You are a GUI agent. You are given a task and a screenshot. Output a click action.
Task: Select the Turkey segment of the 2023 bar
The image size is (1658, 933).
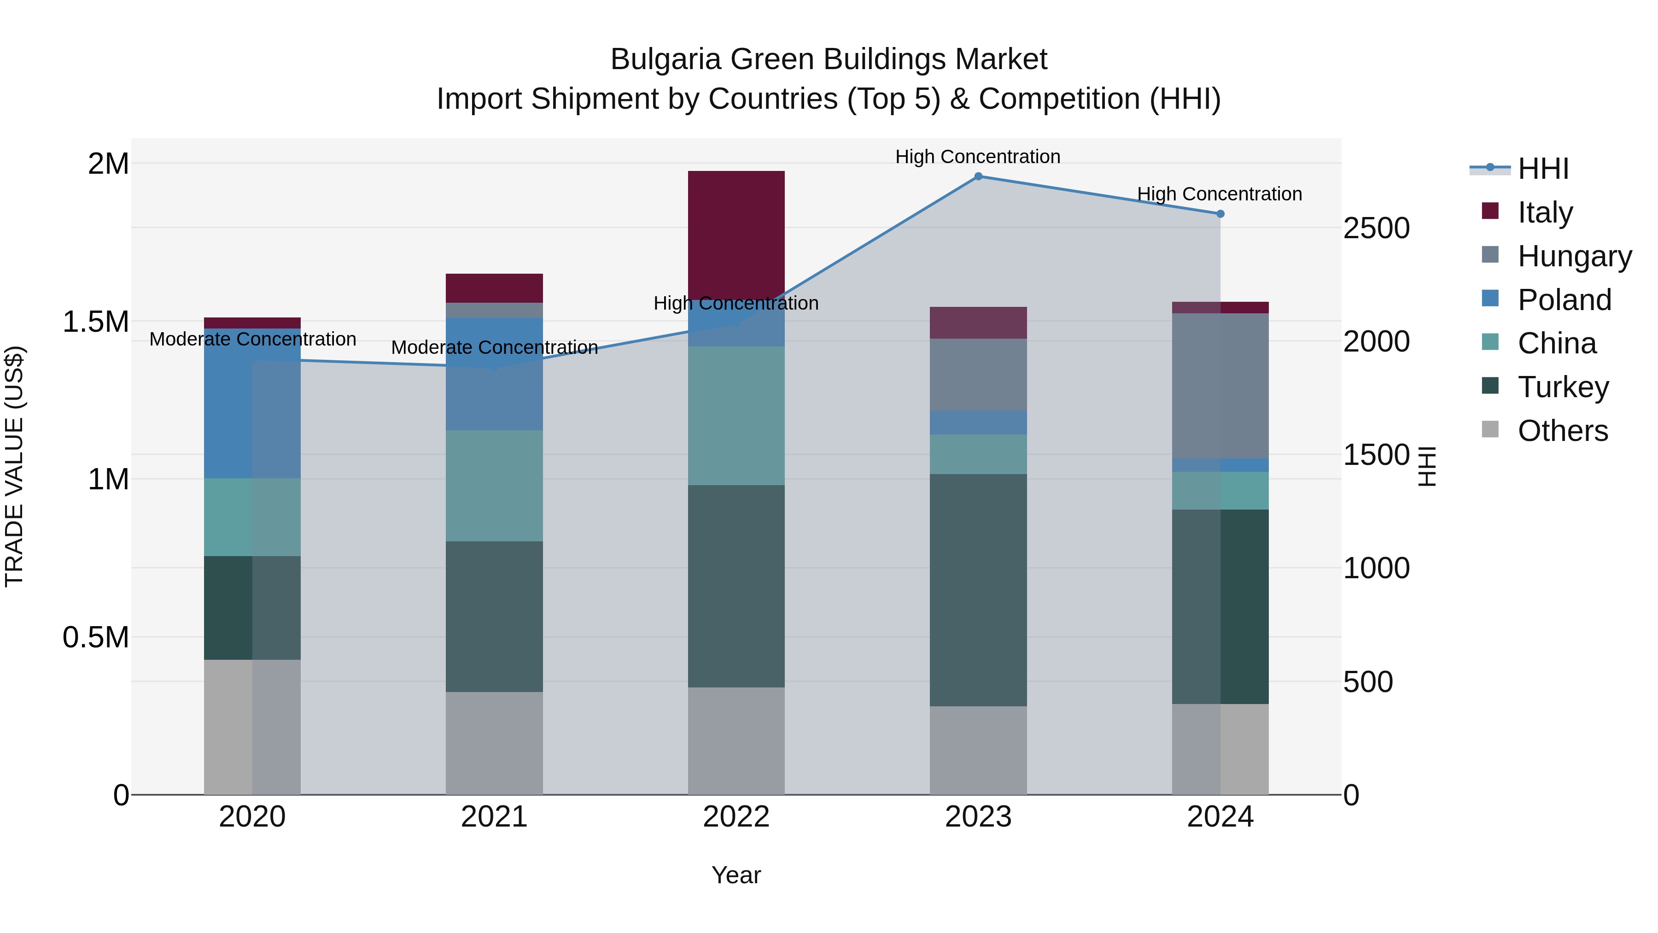[978, 590]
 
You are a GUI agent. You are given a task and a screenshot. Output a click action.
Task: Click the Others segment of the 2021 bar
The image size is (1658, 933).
[494, 743]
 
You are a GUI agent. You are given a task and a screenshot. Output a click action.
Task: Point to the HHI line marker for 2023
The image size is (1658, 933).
[978, 176]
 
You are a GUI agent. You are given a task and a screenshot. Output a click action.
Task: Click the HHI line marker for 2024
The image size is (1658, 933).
[1220, 214]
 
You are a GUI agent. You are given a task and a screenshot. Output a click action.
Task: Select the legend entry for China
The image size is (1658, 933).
[1556, 343]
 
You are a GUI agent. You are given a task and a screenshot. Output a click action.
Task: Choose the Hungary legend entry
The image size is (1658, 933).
[1574, 256]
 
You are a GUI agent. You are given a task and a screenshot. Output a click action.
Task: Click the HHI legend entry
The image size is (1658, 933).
[1543, 169]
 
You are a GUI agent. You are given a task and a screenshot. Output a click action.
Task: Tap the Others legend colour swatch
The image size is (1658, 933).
[1490, 429]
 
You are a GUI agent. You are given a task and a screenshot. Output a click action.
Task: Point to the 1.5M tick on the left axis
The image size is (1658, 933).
[96, 321]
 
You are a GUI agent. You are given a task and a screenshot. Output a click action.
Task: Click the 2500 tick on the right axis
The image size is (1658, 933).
[1376, 228]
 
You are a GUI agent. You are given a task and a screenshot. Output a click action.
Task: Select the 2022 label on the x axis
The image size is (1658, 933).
[736, 817]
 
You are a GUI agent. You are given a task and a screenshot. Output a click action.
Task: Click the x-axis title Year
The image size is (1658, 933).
[736, 875]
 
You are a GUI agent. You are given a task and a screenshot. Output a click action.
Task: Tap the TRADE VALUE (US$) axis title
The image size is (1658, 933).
[14, 466]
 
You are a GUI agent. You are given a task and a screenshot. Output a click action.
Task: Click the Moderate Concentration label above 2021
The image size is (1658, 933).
[494, 348]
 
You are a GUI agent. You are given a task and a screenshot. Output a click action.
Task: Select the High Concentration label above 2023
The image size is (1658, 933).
[978, 157]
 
